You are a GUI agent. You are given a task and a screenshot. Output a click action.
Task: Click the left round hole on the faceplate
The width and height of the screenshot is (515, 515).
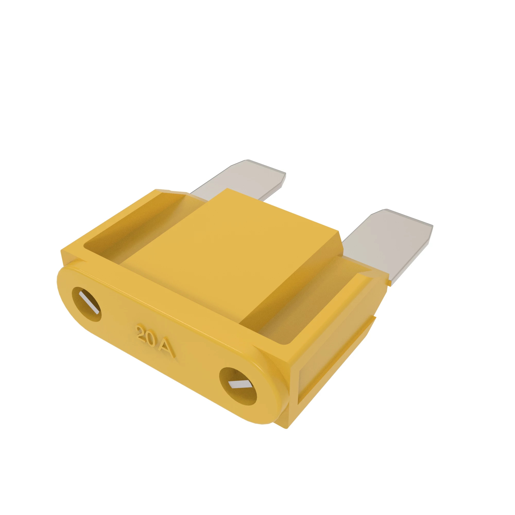coord(87,304)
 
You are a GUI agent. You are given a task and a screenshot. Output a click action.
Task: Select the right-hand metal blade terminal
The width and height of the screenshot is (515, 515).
coord(387,245)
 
